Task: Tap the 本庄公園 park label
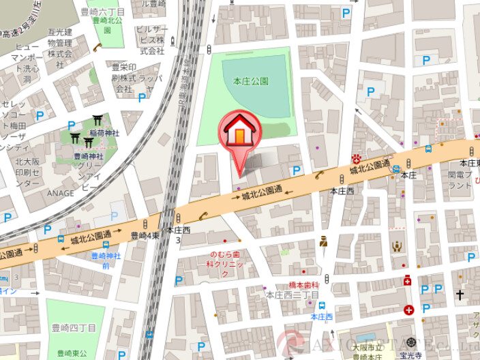pos(251,81)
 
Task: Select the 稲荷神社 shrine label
pos(105,133)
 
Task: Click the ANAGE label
pos(61,193)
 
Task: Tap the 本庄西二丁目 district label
pos(292,295)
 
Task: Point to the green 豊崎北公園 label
pos(107,20)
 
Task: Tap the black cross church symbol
pos(460,295)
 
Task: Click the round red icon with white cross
pos(408,310)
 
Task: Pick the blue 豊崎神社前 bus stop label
pos(106,260)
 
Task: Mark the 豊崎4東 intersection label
pos(145,235)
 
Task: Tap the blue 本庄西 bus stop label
pos(321,317)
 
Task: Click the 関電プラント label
pos(460,180)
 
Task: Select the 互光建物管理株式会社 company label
pos(60,46)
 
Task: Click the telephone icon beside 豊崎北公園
pos(98,46)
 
